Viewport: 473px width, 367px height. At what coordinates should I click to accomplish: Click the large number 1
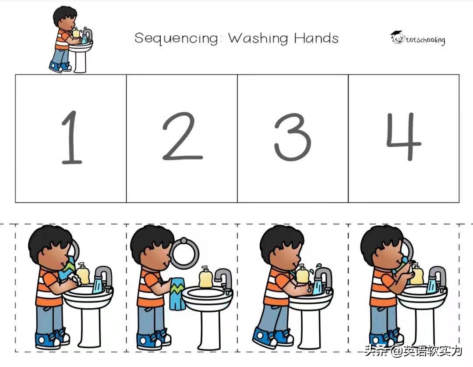coord(71,137)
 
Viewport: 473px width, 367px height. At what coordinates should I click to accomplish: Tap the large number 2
coord(182,136)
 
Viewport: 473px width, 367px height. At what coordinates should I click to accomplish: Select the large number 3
coord(292,137)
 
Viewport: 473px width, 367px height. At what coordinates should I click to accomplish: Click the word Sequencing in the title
coord(176,39)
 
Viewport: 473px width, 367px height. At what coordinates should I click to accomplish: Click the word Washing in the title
coord(258,39)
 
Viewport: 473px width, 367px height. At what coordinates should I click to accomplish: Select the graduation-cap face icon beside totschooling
coord(397,37)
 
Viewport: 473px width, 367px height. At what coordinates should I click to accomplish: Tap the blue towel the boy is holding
coord(177,294)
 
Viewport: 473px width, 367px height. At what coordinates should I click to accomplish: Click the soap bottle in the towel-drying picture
coord(205,277)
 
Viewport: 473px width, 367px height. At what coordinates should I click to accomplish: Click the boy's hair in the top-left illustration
coord(64,15)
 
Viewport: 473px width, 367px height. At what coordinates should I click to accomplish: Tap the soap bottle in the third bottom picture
coord(302,274)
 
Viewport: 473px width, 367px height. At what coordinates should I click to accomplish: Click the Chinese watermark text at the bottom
coord(413,351)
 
